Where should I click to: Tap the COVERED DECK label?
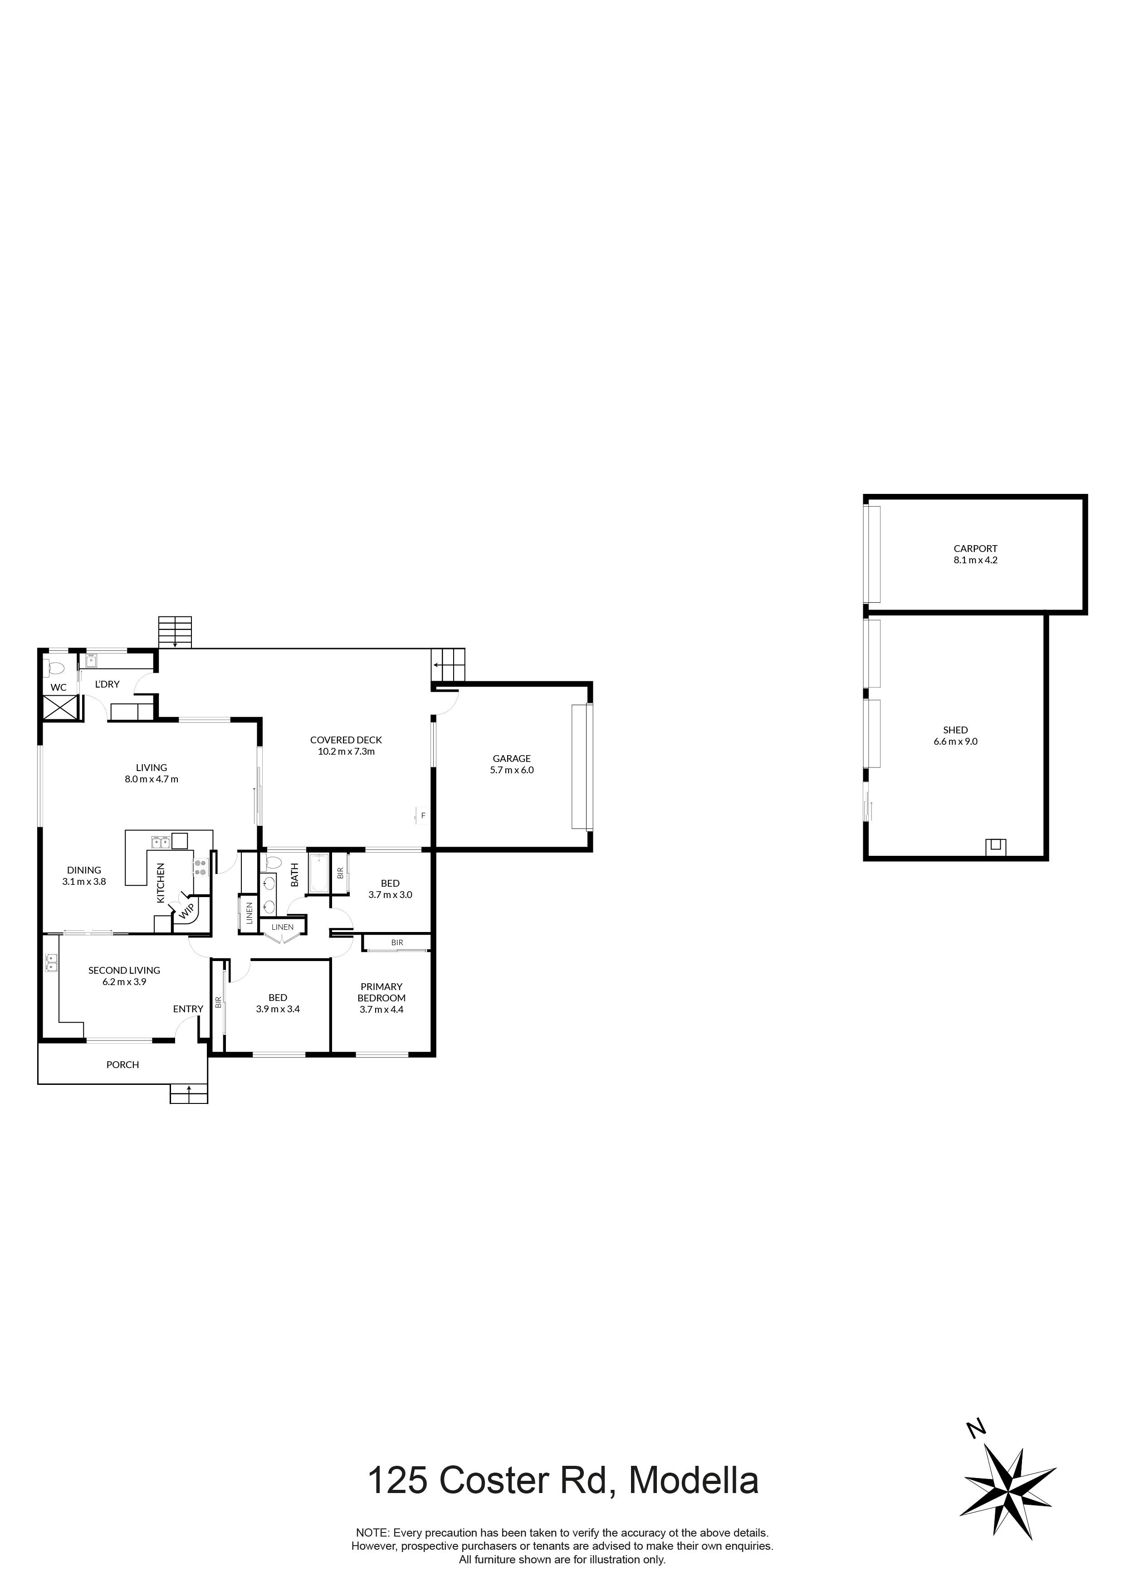point(346,740)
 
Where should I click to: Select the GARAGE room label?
point(512,759)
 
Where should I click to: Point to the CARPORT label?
point(975,549)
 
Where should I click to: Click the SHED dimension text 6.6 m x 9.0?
point(955,742)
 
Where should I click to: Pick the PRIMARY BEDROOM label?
point(381,992)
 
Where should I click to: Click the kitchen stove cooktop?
point(201,868)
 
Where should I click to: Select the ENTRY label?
point(188,1009)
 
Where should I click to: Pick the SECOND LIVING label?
point(124,970)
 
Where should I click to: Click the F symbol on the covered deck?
point(423,815)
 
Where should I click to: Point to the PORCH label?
point(122,1064)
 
